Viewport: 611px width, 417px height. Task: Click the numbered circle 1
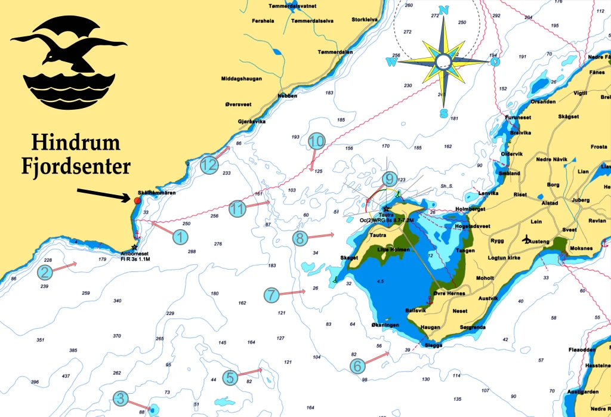pyautogui.click(x=180, y=237)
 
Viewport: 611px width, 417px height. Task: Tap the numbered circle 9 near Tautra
pyautogui.click(x=388, y=178)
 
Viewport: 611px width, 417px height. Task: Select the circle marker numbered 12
pyautogui.click(x=208, y=165)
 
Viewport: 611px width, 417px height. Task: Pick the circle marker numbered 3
pyautogui.click(x=121, y=399)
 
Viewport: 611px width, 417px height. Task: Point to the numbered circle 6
pyautogui.click(x=356, y=366)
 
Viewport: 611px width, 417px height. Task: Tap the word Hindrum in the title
pyautogui.click(x=76, y=143)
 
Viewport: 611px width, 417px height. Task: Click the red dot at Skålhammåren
pyautogui.click(x=138, y=201)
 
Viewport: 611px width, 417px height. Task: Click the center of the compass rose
pyautogui.click(x=443, y=61)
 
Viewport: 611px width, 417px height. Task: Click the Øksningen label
pyautogui.click(x=385, y=325)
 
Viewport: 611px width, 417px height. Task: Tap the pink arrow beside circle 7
pyautogui.click(x=293, y=292)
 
